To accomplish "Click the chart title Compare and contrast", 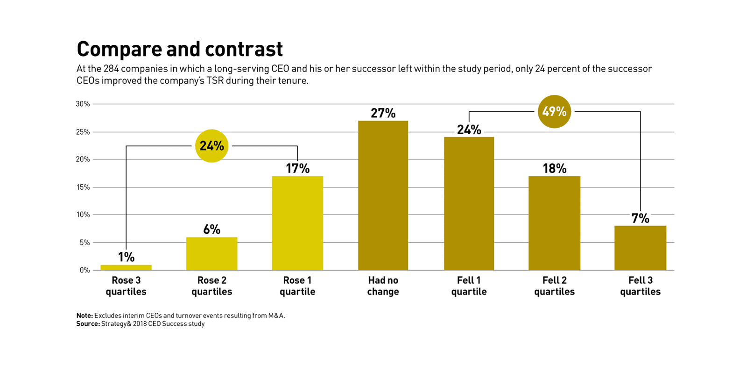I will pos(180,49).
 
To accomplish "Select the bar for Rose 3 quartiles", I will pos(126,267).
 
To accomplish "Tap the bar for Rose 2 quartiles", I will pos(211,254).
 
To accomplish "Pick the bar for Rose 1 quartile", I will pos(297,223).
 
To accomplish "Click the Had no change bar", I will pos(383,195).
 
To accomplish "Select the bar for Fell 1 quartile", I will pos(469,203).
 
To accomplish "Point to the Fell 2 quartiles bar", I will pos(554,223).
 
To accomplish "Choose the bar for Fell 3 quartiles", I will pos(640,248).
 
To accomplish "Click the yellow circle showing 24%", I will pos(211,146).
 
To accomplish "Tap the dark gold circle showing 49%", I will pos(554,112).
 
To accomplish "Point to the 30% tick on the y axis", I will pos(83,104).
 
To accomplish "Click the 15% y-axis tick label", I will pos(83,187).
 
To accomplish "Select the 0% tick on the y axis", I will pos(85,270).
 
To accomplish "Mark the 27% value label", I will pos(383,113).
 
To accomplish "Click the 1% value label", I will pos(126,257).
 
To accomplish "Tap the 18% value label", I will pos(554,168).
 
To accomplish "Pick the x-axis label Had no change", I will pos(383,286).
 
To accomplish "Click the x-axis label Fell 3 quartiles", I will pos(640,286).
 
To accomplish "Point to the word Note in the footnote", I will pos(85,316).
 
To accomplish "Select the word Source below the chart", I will pos(88,324).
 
